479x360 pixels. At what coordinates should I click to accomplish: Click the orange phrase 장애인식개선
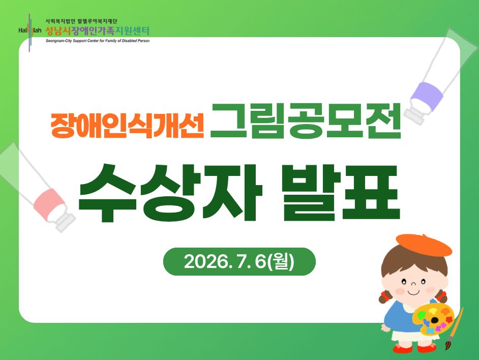[127, 125]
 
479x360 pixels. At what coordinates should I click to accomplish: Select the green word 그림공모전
[305, 121]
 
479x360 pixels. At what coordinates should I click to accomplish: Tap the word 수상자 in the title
[170, 193]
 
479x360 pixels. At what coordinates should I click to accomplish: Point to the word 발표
[341, 193]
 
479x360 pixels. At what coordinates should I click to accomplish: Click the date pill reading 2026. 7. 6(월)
[239, 261]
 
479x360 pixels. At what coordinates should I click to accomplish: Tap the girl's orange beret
[424, 245]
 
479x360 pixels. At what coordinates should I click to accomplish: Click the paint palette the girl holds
[433, 319]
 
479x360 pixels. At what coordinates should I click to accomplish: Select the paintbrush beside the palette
[454, 328]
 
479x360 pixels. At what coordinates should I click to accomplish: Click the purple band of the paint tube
[427, 96]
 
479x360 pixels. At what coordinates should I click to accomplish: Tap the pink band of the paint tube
[49, 204]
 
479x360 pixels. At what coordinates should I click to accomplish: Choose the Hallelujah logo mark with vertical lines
[29, 32]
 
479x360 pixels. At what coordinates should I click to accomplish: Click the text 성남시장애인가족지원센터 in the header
[98, 31]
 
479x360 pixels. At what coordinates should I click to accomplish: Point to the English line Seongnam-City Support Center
[98, 41]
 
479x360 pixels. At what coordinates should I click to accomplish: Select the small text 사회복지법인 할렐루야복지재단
[81, 21]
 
